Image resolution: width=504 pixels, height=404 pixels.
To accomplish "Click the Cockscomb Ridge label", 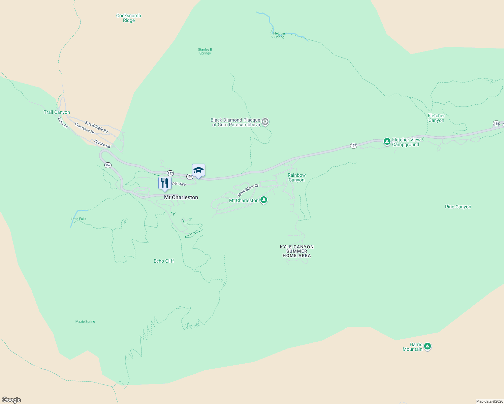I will [x=129, y=18].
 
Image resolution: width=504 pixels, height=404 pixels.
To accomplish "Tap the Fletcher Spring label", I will [x=279, y=35].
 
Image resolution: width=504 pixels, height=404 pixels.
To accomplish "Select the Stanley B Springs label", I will [x=205, y=51].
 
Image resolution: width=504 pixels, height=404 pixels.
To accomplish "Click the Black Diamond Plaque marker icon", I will [x=265, y=122].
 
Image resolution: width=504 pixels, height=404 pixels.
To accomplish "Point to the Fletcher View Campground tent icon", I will [x=387, y=141].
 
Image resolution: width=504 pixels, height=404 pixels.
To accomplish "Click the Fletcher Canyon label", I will [x=436, y=118].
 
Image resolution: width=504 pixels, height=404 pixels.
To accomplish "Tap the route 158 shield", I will [x=496, y=123].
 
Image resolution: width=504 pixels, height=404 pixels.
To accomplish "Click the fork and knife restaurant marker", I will [x=165, y=183].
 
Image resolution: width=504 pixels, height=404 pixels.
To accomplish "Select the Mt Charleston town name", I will [x=181, y=197].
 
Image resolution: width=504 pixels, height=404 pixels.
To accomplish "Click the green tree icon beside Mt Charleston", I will [x=264, y=200].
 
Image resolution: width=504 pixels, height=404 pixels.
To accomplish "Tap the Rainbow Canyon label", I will [x=296, y=177].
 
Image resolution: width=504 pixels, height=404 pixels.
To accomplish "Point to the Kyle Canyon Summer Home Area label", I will [x=297, y=251].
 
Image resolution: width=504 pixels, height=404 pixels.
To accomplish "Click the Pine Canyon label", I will [x=458, y=207].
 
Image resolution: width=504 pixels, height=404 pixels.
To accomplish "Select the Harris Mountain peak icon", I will [x=428, y=346].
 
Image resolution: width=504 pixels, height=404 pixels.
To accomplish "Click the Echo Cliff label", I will [x=164, y=261].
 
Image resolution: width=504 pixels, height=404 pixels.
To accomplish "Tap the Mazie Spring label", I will [x=85, y=322].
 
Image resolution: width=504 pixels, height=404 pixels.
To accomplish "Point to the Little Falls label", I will [x=78, y=219].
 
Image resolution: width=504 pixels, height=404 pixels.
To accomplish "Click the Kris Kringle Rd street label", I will [x=96, y=127].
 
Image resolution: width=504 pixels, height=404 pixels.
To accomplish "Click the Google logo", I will [x=11, y=400].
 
